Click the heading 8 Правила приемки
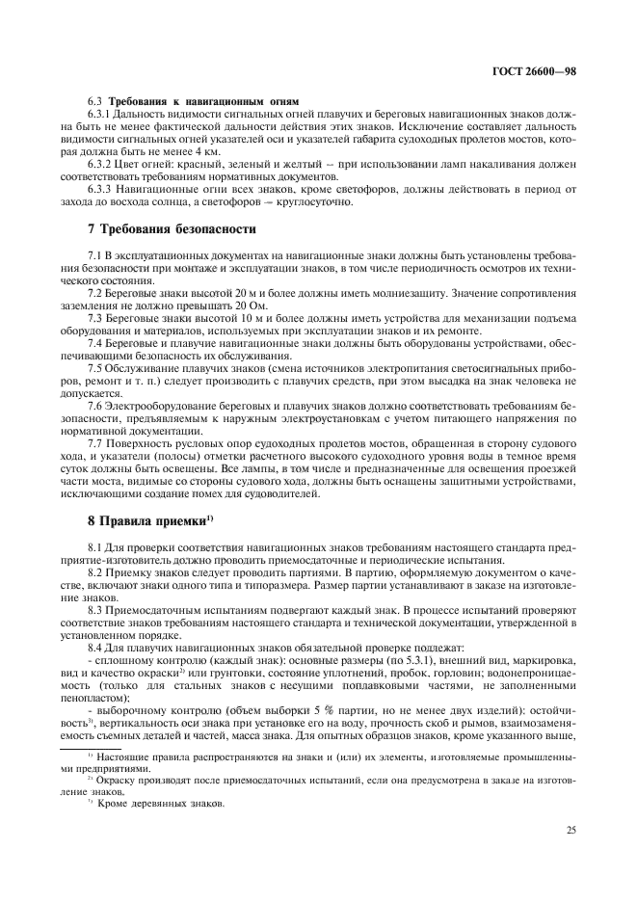click(146, 520)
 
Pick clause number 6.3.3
click(101, 190)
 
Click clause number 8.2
click(95, 571)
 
